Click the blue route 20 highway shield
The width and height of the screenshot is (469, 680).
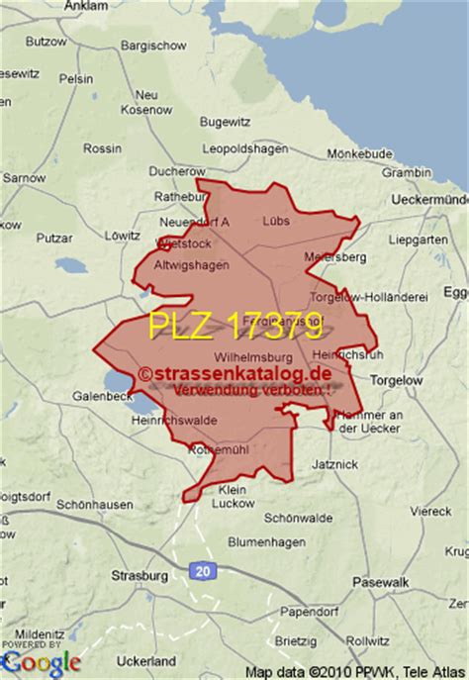click(204, 570)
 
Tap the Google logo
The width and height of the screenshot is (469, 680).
click(41, 660)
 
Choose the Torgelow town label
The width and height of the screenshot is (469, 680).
click(396, 379)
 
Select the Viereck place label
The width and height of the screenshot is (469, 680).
click(431, 511)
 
